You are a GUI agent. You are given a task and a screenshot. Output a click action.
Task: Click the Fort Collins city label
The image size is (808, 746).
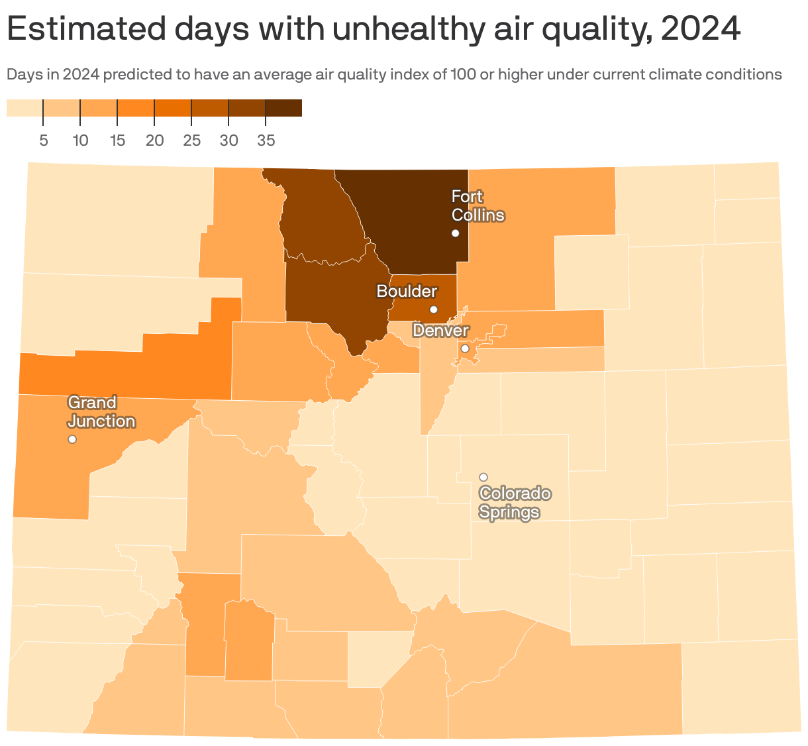pos(478,206)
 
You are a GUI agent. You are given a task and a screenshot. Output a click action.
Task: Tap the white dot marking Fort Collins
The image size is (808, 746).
pos(456,233)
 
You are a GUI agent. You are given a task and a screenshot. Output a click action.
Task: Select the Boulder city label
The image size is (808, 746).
pos(407,291)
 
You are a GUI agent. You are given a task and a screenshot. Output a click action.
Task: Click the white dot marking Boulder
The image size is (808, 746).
pos(434,309)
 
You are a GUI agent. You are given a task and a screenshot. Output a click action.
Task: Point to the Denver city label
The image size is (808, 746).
pos(440,330)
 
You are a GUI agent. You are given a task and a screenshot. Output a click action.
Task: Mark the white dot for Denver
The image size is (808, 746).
pos(465,348)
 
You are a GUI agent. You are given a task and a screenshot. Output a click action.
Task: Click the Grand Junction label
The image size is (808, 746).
pos(101,412)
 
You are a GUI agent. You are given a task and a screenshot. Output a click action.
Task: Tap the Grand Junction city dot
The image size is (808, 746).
pos(72,439)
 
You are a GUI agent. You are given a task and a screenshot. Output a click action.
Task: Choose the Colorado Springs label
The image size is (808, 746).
pos(515,503)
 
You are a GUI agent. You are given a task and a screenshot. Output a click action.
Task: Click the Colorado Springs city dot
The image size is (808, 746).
pos(483,477)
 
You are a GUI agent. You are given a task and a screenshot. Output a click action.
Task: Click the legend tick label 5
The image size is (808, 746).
pos(43,140)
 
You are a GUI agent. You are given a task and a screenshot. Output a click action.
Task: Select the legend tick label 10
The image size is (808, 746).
pos(80,140)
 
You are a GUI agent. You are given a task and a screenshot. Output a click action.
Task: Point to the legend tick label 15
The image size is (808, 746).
pos(117,140)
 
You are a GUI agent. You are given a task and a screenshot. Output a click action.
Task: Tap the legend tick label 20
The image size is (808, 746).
pos(154,140)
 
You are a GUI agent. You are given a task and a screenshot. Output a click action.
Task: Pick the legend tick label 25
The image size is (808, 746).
pos(191,140)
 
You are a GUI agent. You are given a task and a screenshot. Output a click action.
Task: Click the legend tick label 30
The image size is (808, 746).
pos(228,140)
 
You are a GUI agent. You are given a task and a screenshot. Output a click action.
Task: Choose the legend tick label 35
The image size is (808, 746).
pos(266,140)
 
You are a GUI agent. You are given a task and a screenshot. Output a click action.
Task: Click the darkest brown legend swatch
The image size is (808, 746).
pos(283,108)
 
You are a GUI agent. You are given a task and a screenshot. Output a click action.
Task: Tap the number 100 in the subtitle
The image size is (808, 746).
pos(462,74)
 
